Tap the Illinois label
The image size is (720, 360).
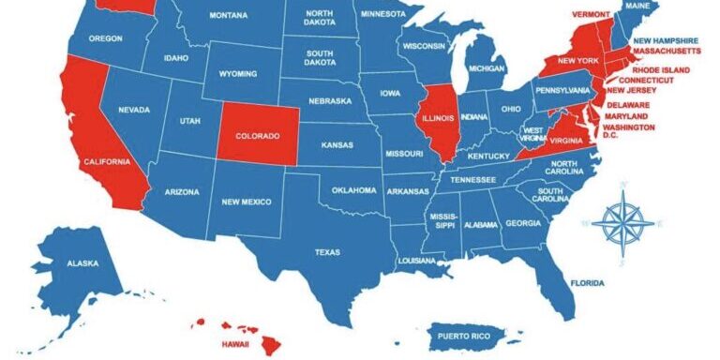click(x=437, y=118)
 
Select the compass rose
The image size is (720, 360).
click(x=622, y=222)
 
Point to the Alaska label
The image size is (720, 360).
click(x=82, y=263)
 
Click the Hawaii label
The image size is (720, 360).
click(x=234, y=343)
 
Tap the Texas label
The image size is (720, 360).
click(x=327, y=251)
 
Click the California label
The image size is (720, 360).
click(x=106, y=162)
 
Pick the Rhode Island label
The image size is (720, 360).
click(x=660, y=70)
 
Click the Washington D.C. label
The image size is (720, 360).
click(x=635, y=132)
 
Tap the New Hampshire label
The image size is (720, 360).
click(x=665, y=41)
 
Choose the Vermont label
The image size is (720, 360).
click(x=591, y=15)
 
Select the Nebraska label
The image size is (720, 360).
click(x=330, y=100)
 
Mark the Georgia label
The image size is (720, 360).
click(x=523, y=223)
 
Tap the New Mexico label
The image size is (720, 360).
click(x=246, y=202)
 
